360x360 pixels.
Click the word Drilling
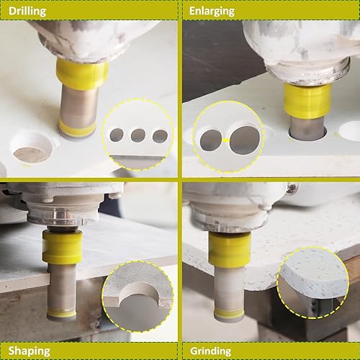(x=27, y=12)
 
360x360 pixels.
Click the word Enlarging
(x=212, y=12)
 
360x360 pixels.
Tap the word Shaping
(x=29, y=351)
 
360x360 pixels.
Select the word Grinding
(x=210, y=351)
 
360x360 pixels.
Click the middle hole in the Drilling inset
(x=138, y=135)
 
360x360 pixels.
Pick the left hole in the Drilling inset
(x=117, y=135)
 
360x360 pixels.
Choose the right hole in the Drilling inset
(x=160, y=136)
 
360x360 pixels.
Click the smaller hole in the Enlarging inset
(x=211, y=140)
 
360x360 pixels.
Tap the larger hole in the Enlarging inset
(x=245, y=140)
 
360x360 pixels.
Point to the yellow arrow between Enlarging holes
(x=226, y=140)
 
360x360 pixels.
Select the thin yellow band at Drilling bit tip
(x=77, y=128)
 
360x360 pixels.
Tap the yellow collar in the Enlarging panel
(x=307, y=101)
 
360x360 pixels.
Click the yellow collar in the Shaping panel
(x=63, y=247)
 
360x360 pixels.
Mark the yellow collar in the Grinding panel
(x=230, y=248)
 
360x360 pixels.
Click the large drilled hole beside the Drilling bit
(x=32, y=148)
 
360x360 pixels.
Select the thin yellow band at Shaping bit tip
(x=62, y=313)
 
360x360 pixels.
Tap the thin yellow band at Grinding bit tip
(x=229, y=312)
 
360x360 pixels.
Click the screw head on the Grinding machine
(x=292, y=186)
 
